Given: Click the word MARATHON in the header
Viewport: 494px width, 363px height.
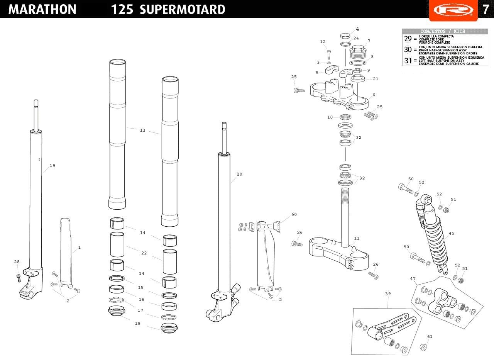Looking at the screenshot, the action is [42, 9].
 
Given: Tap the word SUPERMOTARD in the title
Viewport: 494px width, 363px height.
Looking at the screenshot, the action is [183, 9].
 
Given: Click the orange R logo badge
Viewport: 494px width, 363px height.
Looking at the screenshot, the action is [453, 10].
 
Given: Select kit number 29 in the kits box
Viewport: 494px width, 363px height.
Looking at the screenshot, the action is [408, 39].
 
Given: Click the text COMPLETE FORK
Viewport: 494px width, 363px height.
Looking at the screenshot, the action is [431, 39].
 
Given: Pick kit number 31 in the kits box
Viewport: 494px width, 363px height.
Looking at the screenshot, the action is [408, 61].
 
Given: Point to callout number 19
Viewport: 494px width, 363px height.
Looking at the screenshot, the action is [52, 166].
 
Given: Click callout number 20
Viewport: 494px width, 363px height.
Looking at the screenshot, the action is [239, 174].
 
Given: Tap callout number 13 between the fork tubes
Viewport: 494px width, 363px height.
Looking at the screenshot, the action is [143, 130].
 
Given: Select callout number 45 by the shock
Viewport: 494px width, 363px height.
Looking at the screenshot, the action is [452, 233].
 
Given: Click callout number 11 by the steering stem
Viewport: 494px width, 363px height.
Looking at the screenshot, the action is [357, 238].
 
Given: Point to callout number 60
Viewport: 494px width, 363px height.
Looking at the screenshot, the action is [294, 214].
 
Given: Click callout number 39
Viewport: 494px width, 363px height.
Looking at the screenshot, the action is [388, 294].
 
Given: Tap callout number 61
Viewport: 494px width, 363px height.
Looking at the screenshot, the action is [430, 336].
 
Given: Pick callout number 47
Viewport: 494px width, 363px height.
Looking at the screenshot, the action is [413, 279].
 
